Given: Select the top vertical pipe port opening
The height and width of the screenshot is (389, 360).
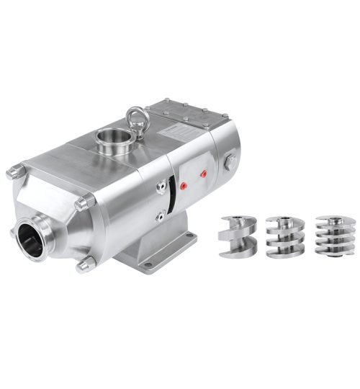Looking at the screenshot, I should pyautogui.click(x=112, y=136).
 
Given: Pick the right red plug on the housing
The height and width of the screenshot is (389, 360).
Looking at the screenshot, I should pyautogui.click(x=204, y=174).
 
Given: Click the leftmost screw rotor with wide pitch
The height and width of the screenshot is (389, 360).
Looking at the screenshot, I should pyautogui.click(x=236, y=237).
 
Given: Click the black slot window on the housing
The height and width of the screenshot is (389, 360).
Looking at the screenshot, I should pyautogui.click(x=171, y=193).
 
